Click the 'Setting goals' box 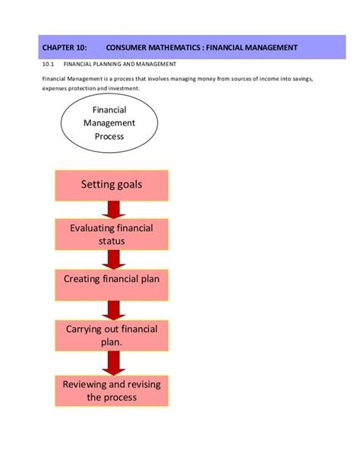112,185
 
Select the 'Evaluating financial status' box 112,234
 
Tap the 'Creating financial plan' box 112,279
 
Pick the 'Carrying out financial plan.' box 112,336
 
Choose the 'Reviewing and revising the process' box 112,391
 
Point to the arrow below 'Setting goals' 112,209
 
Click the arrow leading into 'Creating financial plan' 112,258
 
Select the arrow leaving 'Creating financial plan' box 112,309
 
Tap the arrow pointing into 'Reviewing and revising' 112,363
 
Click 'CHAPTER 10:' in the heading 64,48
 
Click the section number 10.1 48,65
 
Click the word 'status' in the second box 112,241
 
